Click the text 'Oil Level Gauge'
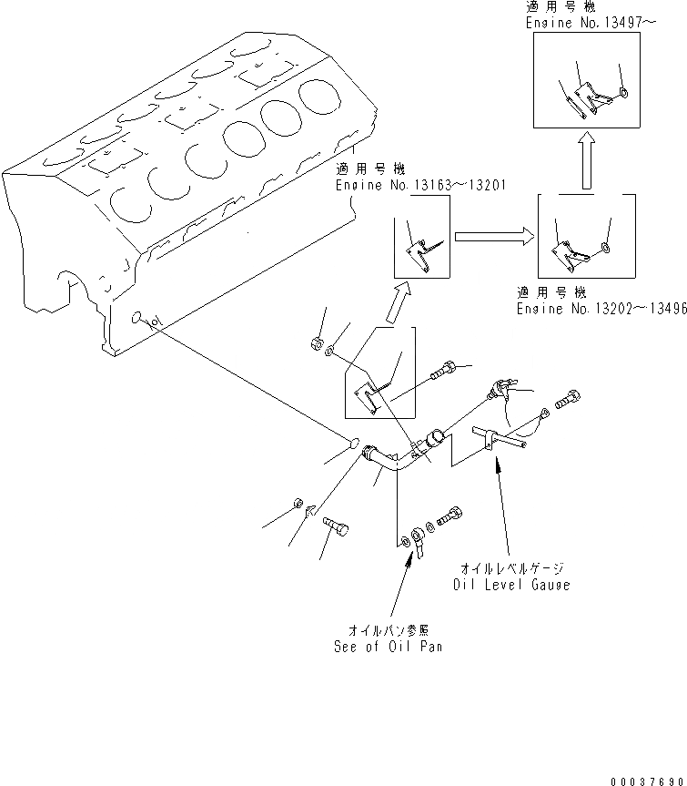510,585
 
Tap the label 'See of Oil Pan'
389,647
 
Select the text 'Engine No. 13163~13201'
420,184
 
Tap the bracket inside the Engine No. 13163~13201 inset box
420,250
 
